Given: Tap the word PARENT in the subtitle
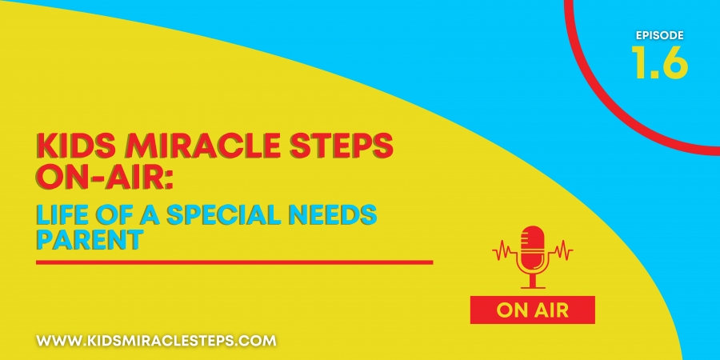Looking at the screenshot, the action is point(88,240).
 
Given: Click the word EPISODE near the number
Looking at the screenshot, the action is point(660,35).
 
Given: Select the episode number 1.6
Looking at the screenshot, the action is point(660,61).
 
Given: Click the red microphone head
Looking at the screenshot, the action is point(533,243).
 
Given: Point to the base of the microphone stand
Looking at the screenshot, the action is point(533,287).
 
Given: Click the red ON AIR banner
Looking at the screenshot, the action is point(532,310).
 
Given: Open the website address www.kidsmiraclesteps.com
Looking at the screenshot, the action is point(156,341).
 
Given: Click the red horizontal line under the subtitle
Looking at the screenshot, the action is point(234,262).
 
